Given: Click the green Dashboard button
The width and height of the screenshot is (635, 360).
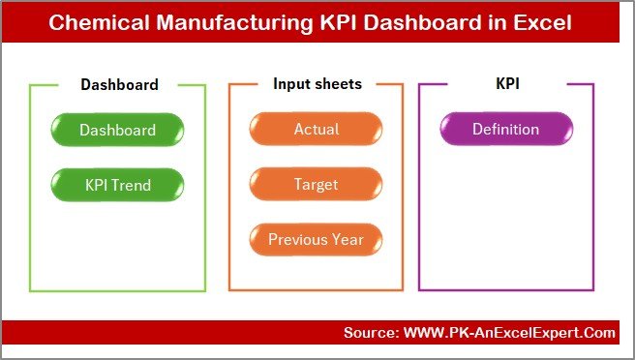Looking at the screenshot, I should tap(117, 130).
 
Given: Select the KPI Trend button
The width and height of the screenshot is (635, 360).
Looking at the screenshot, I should tap(117, 184).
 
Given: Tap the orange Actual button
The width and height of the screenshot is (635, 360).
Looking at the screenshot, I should tap(317, 130).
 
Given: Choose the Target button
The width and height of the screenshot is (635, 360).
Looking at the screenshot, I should tap(317, 184).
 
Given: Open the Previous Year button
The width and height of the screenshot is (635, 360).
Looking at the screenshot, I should tap(317, 239).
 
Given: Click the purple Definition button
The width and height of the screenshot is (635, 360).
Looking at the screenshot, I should tap(506, 130).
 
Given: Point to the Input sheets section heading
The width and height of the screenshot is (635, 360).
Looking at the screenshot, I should tap(317, 84).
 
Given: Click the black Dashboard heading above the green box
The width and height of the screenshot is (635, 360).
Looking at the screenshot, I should tap(119, 84).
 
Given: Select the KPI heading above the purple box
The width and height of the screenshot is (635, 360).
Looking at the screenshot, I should tap(507, 84).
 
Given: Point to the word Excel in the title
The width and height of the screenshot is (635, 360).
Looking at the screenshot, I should tap(543, 22).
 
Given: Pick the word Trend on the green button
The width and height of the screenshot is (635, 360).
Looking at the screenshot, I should tap(134, 184).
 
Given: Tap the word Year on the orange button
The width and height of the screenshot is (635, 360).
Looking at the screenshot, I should tap(348, 239).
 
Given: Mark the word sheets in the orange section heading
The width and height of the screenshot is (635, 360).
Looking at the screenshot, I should tap(338, 84).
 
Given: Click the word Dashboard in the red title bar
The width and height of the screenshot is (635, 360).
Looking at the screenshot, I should tap(417, 22).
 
